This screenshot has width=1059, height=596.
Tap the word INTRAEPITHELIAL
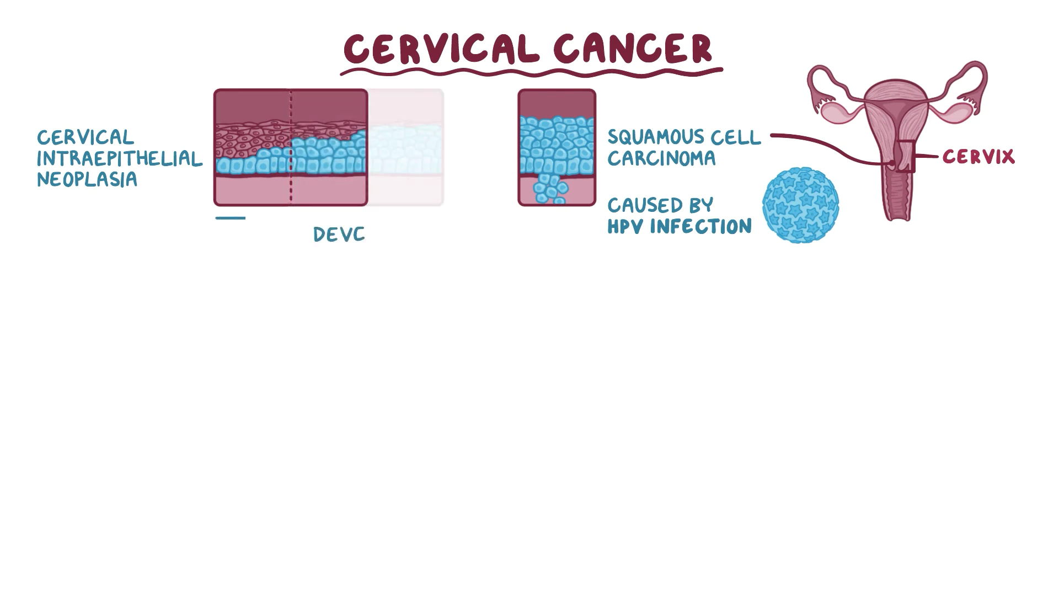coord(119,159)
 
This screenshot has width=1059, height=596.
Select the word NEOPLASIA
coord(87,179)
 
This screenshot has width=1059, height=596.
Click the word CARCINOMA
coord(661,158)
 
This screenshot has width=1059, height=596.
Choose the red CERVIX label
coord(978,157)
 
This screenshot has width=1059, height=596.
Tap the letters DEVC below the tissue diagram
coord(339,235)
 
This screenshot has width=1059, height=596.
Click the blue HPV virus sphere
coord(800,205)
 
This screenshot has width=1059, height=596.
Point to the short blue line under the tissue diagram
coord(231,218)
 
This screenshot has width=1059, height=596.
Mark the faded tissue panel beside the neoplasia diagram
coord(406,147)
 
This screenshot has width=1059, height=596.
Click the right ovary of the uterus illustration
coord(956,111)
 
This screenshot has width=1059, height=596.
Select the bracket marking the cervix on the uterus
coord(906,157)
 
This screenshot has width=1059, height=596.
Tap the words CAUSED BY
coord(660,206)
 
